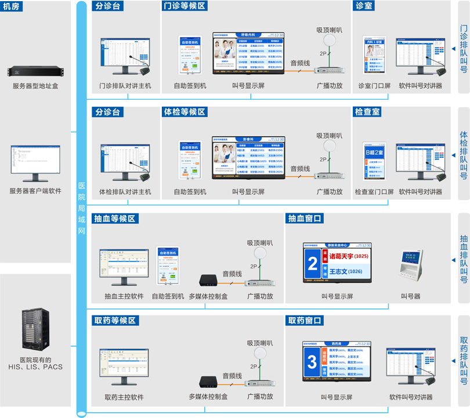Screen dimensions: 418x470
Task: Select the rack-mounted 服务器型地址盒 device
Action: pyautogui.click(x=35, y=72)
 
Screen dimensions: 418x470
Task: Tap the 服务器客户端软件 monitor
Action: pyautogui.click(x=35, y=162)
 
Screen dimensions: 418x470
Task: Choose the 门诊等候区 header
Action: pyautogui.click(x=184, y=6)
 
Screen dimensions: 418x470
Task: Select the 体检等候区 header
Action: pyautogui.click(x=184, y=111)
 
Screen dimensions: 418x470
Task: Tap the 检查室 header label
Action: pyautogui.click(x=367, y=111)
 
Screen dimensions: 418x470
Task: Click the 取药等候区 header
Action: pyautogui.click(x=114, y=321)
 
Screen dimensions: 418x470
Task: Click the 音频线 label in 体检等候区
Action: pyautogui.click(x=300, y=169)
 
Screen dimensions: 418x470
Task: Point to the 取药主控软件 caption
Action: pyautogui.click(x=124, y=397)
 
